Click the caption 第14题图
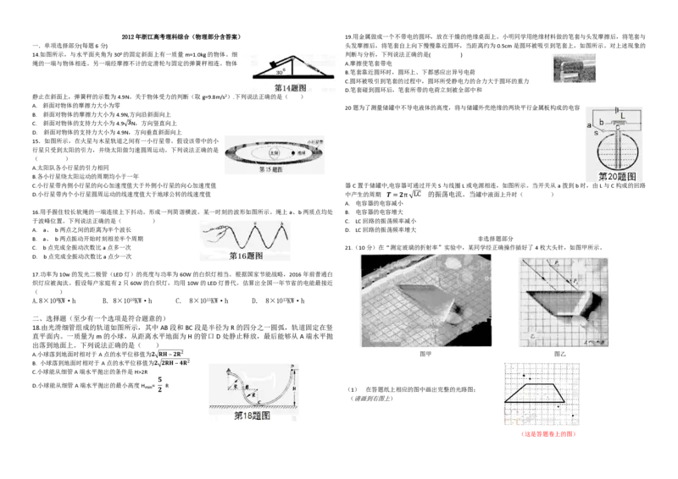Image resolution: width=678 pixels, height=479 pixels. tap(290, 88)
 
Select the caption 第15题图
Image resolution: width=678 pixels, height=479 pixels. tap(271, 169)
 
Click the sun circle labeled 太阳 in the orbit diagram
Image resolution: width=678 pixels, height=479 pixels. tap(274, 154)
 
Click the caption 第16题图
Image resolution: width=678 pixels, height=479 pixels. tap(247, 255)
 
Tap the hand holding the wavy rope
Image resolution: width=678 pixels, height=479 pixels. tap(213, 229)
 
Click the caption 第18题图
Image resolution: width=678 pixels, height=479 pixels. tap(252, 416)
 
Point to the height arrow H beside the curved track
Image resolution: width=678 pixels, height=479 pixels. tap(293, 389)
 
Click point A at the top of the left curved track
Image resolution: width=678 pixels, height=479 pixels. tap(229, 370)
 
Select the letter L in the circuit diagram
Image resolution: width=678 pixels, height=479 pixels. tap(623, 114)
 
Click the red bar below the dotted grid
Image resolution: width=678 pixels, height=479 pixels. tap(548, 433)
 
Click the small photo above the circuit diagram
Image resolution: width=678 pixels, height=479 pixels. tap(572, 68)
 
